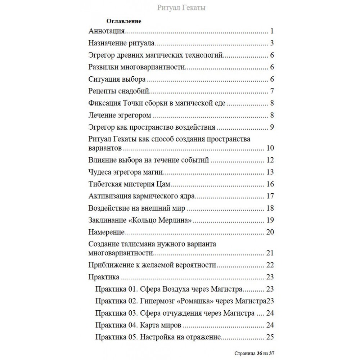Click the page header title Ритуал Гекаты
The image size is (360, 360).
coord(181,8)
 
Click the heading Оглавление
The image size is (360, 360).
coord(124,21)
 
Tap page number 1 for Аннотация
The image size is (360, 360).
coord(273,31)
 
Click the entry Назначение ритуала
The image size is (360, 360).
coord(122,44)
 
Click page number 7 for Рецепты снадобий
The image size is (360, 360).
coord(273,90)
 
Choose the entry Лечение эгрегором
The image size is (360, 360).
coord(119,115)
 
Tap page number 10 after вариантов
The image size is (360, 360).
coord(270,148)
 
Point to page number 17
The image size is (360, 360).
coord(270,196)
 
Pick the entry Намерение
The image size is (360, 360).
coord(106,232)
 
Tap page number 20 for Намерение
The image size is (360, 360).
coord(270,232)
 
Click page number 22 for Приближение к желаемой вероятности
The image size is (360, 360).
coord(270,265)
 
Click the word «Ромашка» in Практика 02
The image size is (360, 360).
coord(203,301)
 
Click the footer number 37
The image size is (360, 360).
coord(276,354)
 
